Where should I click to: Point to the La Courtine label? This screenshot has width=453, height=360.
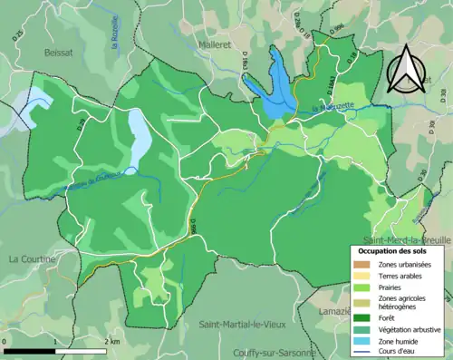[32, 258]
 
